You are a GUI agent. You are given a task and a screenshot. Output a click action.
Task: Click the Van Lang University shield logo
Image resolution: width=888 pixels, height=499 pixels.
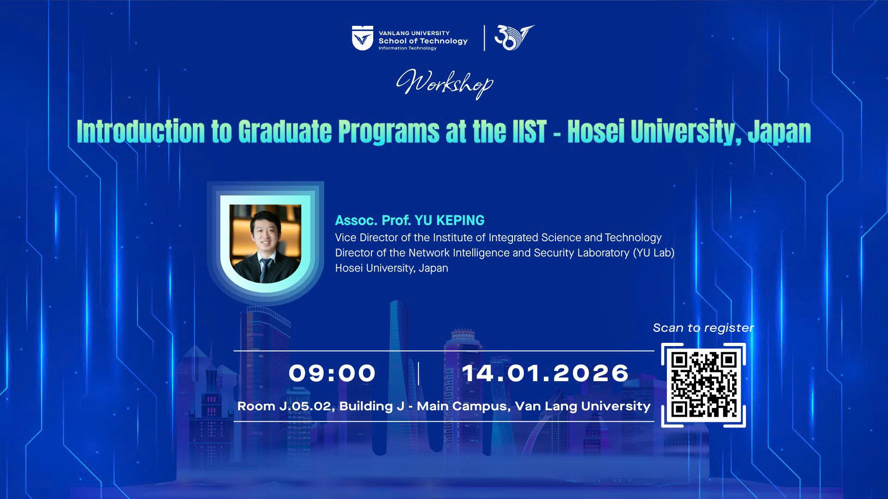(x=362, y=38)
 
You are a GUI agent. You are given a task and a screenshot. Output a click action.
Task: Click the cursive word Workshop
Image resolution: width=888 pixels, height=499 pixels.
(x=444, y=84)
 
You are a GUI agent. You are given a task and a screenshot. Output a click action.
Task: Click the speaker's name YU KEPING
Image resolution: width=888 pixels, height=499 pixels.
(x=450, y=220)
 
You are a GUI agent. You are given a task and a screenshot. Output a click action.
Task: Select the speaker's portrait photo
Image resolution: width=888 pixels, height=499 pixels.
(x=265, y=243)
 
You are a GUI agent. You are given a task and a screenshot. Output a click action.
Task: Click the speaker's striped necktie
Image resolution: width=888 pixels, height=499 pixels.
(x=265, y=270)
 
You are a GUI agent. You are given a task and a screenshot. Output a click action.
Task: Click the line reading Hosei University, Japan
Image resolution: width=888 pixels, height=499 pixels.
(x=391, y=268)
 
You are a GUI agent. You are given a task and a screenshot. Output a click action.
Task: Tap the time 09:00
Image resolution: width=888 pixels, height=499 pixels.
(x=332, y=373)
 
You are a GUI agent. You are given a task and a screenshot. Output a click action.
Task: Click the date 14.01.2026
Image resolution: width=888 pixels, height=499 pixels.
(x=545, y=373)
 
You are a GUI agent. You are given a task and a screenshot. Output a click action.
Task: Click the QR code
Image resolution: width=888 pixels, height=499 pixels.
(x=703, y=385)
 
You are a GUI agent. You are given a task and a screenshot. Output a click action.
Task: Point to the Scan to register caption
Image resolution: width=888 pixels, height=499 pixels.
(x=703, y=328)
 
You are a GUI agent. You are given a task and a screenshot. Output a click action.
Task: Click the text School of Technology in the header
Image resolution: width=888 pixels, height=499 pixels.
(x=423, y=41)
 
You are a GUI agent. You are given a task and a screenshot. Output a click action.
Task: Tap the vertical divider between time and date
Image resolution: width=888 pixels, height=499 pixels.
(x=419, y=373)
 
